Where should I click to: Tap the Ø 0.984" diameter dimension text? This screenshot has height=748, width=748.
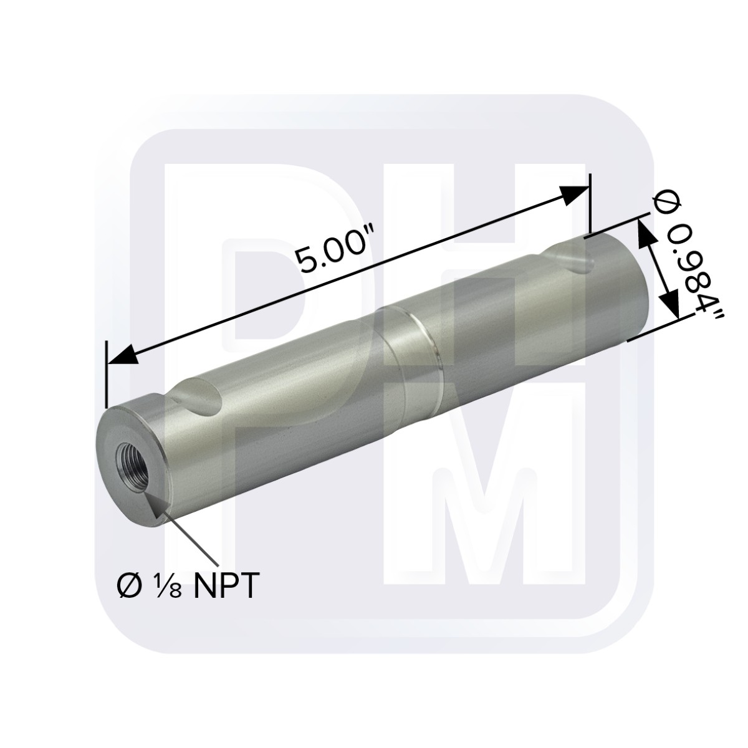(x=686, y=262)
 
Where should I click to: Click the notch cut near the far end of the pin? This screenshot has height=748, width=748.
(x=568, y=257)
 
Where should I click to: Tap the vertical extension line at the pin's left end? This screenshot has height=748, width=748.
(x=107, y=374)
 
